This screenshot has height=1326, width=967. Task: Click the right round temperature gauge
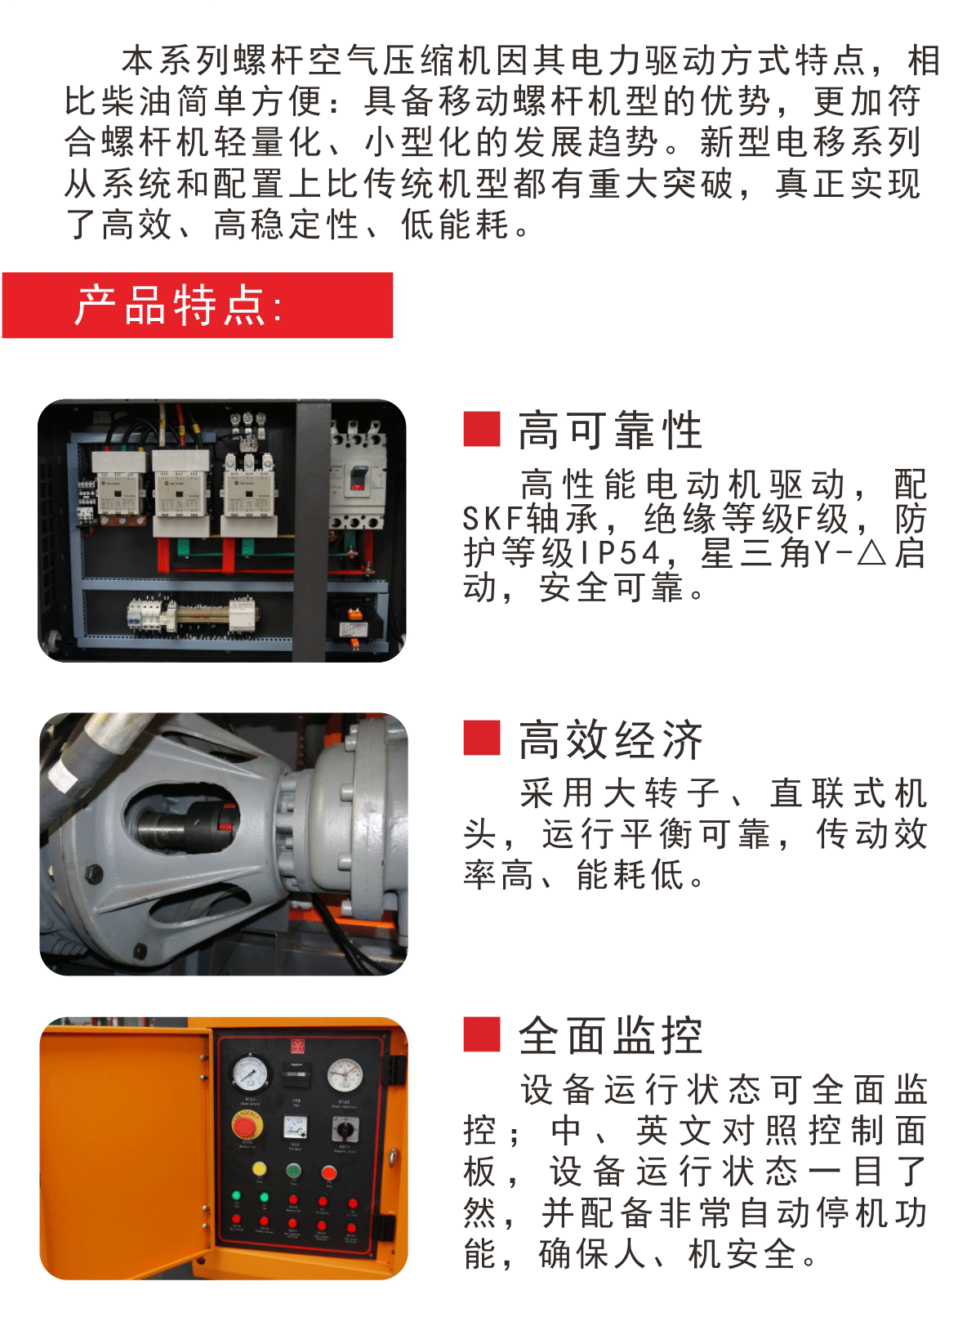click(345, 1074)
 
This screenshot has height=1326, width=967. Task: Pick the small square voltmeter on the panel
click(295, 1127)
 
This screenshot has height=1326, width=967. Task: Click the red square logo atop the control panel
click(296, 1046)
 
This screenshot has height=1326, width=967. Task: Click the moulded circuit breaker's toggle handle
click(359, 475)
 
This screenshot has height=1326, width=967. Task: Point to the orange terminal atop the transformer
click(355, 614)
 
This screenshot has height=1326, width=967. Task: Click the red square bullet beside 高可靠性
click(482, 429)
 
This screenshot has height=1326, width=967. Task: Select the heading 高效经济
click(610, 740)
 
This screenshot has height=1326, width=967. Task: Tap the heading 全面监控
click(610, 1037)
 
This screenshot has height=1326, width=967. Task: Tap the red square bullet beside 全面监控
click(482, 1034)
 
